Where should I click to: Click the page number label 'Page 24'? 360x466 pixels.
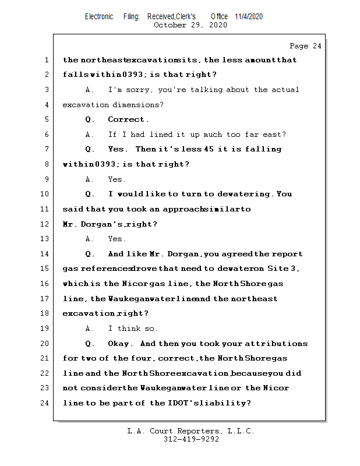tap(305, 46)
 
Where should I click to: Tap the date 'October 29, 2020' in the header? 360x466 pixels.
tap(190, 25)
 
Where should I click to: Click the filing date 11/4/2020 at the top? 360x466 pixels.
tap(249, 16)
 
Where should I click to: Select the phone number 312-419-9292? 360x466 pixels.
tap(191, 440)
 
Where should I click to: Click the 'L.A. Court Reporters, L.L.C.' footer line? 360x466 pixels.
tap(190, 432)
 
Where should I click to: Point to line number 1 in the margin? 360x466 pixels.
tap(45, 60)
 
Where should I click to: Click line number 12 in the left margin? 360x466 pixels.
tap(44, 224)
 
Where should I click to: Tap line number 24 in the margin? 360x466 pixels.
tap(44, 403)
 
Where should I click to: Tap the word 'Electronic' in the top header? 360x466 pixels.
tap(99, 16)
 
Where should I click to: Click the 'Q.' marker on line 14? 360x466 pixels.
tap(90, 254)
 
